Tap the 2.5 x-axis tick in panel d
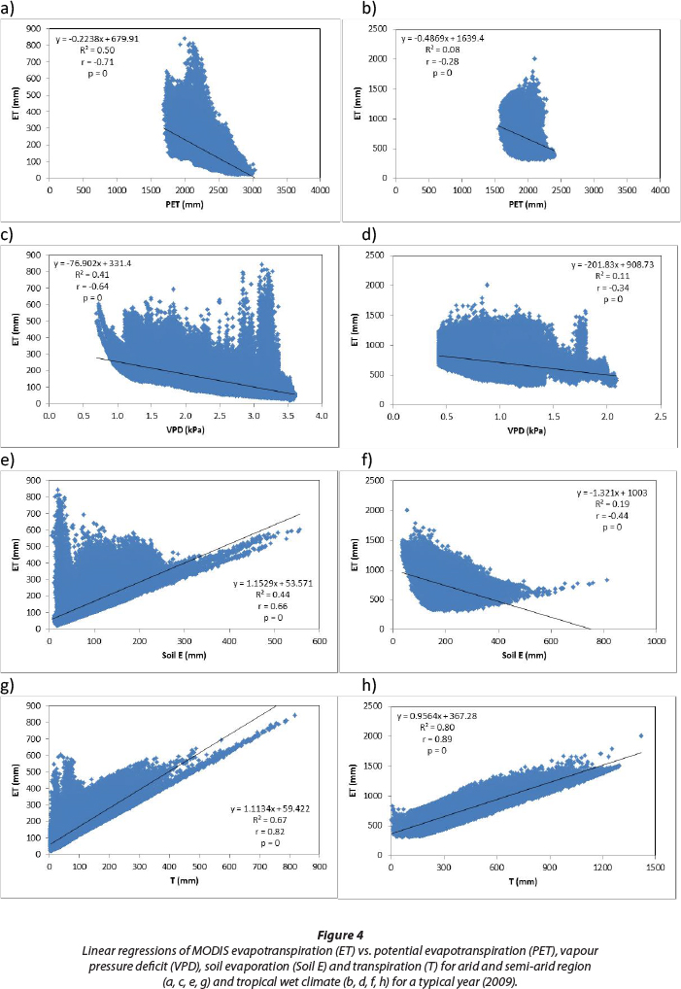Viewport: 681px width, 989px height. [x=656, y=418]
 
